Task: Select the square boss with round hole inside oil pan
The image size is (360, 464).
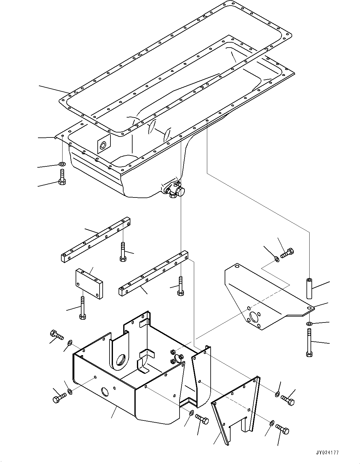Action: coord(104,144)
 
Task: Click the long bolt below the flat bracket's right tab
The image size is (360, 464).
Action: coord(309,344)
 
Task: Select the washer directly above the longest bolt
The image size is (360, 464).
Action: coord(309,324)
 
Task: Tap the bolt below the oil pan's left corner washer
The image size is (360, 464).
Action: coord(62,177)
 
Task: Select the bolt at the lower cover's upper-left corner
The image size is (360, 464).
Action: coord(56,335)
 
